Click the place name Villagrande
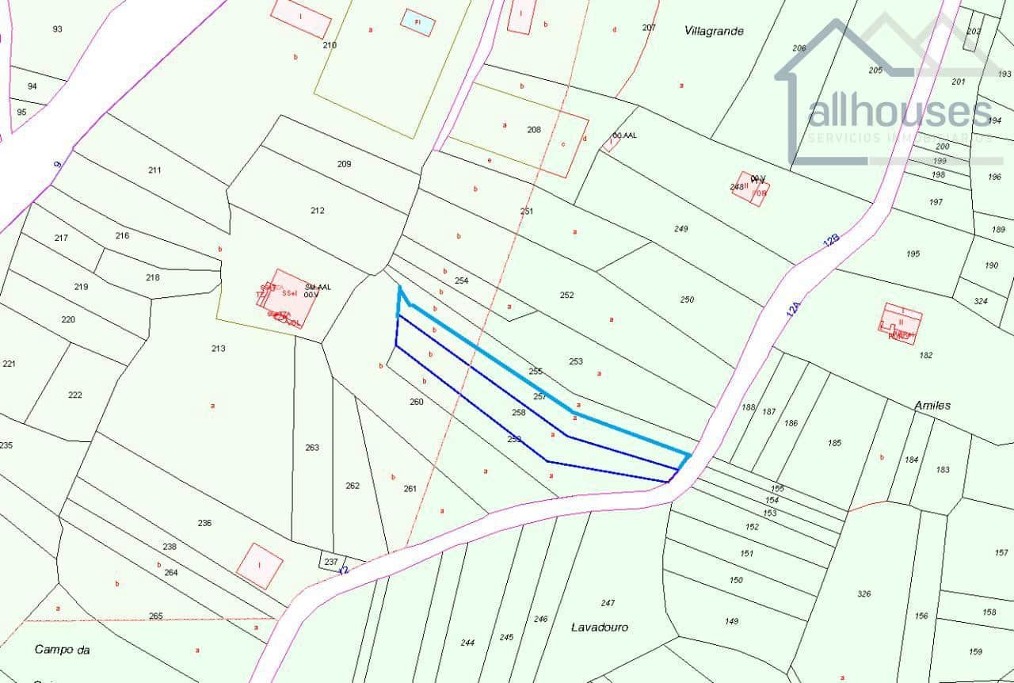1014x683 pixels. [714, 31]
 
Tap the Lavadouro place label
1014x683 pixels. [600, 627]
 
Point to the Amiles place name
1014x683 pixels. [932, 406]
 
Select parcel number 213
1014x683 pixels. [219, 349]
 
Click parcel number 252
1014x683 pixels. [566, 296]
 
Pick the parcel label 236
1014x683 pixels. [204, 523]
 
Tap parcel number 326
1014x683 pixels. [864, 594]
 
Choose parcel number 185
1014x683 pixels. [834, 443]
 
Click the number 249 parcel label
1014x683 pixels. [680, 229]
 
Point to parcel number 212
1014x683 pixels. [318, 211]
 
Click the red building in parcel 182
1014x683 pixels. [901, 324]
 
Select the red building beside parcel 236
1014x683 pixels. [260, 566]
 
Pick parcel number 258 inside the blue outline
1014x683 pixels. [519, 413]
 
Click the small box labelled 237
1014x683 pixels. [331, 562]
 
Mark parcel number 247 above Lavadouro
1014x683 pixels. [608, 604]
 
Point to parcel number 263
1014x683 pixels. [312, 448]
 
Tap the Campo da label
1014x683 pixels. [62, 650]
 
